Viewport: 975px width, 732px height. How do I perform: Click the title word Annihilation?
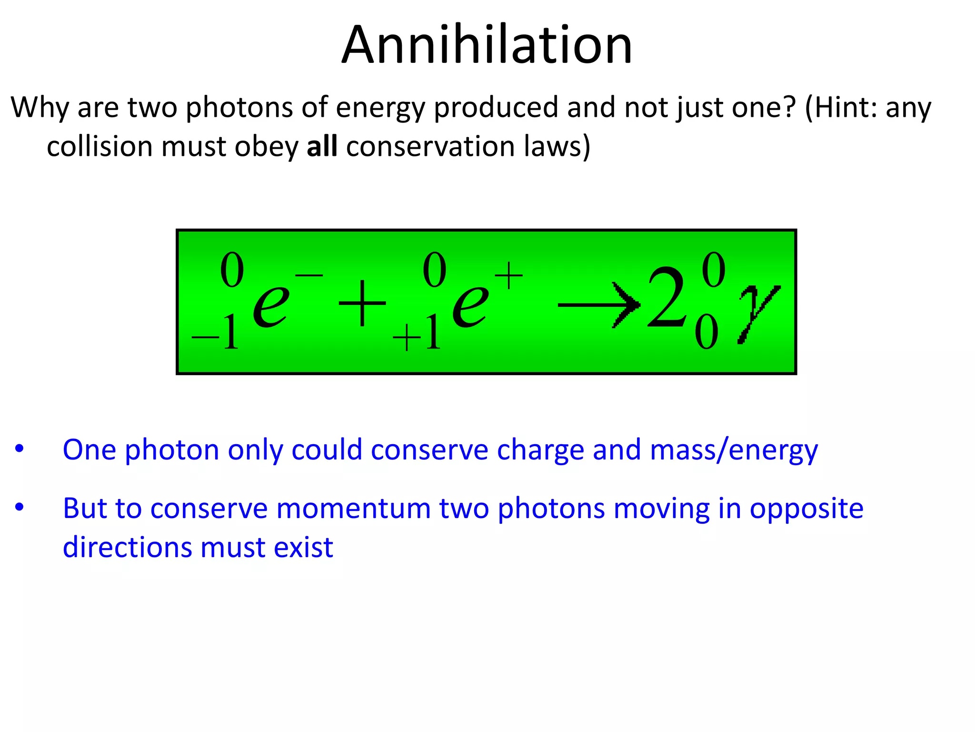(x=487, y=45)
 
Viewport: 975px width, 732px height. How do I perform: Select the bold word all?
(x=322, y=146)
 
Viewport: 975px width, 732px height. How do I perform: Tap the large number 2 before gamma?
(x=667, y=298)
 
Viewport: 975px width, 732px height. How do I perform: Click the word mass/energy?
(x=734, y=450)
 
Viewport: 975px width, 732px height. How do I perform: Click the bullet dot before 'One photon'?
(x=19, y=449)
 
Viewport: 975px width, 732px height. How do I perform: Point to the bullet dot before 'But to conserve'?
(x=19, y=507)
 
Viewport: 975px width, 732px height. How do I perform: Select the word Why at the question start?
(x=40, y=108)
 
